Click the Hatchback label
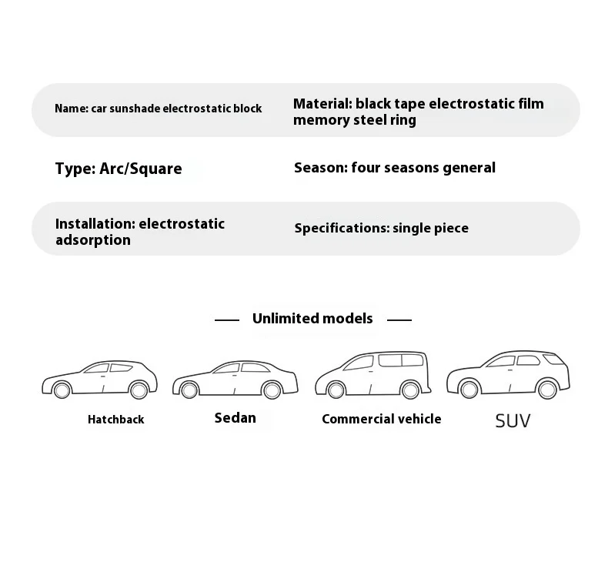pos(115,420)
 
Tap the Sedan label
pos(235,418)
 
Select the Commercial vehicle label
pos(382,419)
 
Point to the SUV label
pos(513,421)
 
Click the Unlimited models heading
pos(312,318)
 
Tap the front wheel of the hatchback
pos(62,390)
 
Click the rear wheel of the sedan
pos(271,390)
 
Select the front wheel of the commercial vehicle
pos(336,390)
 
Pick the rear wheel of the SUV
pos(546,390)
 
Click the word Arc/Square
pos(141,169)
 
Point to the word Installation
pos(93,223)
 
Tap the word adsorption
pos(92,240)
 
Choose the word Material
pos(322,103)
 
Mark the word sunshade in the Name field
pos(135,109)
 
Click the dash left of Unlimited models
pos(226,319)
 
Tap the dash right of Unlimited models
pos(399,319)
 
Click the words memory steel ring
pos(354,120)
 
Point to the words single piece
pos(430,228)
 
